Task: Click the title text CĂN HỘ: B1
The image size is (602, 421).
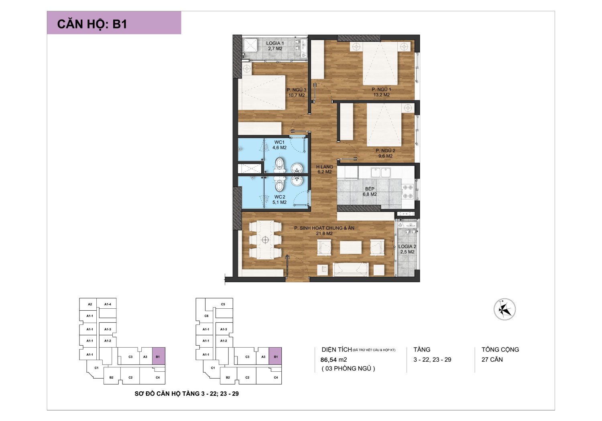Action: pyautogui.click(x=92, y=24)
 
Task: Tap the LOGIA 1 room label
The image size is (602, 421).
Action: pyautogui.click(x=275, y=43)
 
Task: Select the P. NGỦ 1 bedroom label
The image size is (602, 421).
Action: pyautogui.click(x=381, y=89)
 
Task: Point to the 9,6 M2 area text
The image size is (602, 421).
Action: pyautogui.click(x=385, y=156)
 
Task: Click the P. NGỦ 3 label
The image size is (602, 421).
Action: pyautogui.click(x=297, y=90)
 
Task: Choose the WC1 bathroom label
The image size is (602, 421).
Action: pyautogui.click(x=279, y=142)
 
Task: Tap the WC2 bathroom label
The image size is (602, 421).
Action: pyautogui.click(x=280, y=197)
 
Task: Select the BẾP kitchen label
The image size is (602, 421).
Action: pyautogui.click(x=370, y=189)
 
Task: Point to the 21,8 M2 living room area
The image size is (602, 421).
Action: pyautogui.click(x=324, y=233)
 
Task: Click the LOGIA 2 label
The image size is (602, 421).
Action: pyautogui.click(x=407, y=247)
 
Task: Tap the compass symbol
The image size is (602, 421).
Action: pyautogui.click(x=504, y=309)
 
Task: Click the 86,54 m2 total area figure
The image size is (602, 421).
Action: pyautogui.click(x=334, y=360)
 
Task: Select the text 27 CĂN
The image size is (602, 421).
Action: pyautogui.click(x=492, y=360)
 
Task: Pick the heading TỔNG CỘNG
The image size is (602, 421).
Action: pyautogui.click(x=500, y=350)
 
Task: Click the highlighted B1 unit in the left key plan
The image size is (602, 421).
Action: pyautogui.click(x=159, y=356)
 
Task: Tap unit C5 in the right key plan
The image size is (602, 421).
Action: pyautogui.click(x=223, y=304)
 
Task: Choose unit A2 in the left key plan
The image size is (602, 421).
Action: pyautogui.click(x=90, y=304)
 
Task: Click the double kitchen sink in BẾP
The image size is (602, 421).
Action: pyautogui.click(x=380, y=172)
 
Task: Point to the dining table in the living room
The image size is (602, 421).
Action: pyautogui.click(x=265, y=240)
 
